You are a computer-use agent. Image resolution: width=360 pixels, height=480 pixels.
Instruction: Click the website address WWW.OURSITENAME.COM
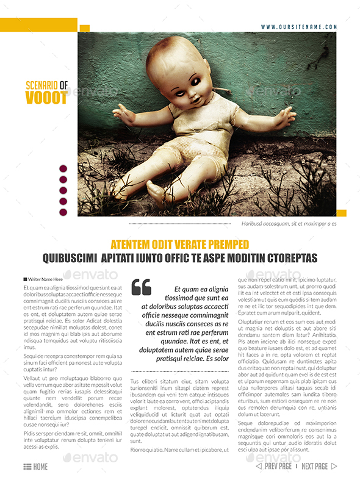click(299, 27)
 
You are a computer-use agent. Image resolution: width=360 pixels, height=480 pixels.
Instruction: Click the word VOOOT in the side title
click(46, 98)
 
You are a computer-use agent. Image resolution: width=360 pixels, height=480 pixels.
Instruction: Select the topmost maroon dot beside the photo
click(63, 169)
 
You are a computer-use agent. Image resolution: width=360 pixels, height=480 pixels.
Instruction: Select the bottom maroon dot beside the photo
click(63, 212)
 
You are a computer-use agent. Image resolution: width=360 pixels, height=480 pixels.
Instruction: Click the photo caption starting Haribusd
click(289, 224)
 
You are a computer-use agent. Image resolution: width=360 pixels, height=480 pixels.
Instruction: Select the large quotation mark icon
click(141, 287)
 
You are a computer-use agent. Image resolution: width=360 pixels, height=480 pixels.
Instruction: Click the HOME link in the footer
click(40, 467)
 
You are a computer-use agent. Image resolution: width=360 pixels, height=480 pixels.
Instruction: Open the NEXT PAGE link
click(315, 467)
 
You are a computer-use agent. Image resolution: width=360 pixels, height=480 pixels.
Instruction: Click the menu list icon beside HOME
click(27, 467)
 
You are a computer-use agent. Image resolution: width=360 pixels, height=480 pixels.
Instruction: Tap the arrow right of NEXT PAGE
click(334, 467)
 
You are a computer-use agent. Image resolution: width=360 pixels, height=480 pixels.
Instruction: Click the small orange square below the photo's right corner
click(341, 213)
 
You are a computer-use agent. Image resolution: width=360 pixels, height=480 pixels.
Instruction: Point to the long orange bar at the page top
click(38, 24)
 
